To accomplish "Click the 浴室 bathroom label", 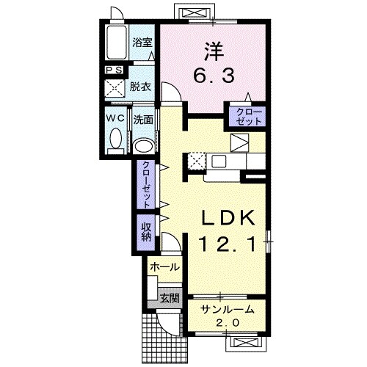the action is (x=142, y=43).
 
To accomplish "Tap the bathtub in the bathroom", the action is (x=117, y=42).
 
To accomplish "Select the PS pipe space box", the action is (x=115, y=70).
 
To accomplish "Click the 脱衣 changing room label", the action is (x=140, y=87).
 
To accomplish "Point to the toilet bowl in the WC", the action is (x=116, y=139).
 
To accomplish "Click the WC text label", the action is (x=115, y=118).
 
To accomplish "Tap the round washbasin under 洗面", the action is (x=144, y=146).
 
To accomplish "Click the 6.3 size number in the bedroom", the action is (x=214, y=76).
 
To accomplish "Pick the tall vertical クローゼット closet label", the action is (x=146, y=184).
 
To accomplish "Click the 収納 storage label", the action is (x=146, y=232).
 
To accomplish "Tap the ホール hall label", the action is (x=164, y=267).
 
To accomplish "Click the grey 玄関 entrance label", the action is (x=170, y=298).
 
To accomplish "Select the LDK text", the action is (x=228, y=217).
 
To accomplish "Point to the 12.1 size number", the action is (x=228, y=245).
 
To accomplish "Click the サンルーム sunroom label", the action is (x=228, y=310).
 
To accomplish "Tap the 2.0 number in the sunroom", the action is (x=228, y=323).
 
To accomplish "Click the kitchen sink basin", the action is (x=219, y=161).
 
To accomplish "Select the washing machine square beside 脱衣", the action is (x=115, y=89).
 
